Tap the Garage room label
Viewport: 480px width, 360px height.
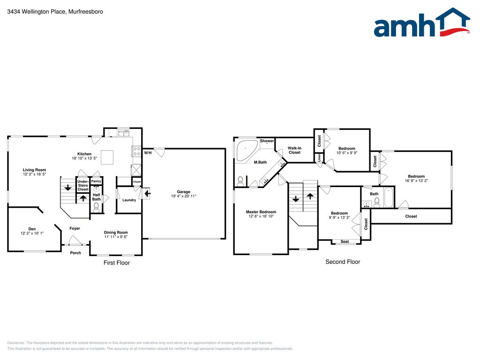[x=183, y=192]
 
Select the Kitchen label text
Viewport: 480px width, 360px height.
[x=84, y=154]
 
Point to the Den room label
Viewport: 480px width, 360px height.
[x=32, y=230]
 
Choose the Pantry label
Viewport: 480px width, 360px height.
[x=96, y=181]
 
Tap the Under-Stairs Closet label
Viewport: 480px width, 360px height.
[x=83, y=185]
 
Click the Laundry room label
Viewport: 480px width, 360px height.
[x=129, y=200]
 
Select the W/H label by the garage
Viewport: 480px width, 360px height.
[x=148, y=153]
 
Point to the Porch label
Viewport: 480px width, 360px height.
[x=75, y=253]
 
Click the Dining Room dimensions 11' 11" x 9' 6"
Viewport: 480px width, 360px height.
[x=116, y=237]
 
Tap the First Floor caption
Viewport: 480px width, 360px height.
[x=116, y=263]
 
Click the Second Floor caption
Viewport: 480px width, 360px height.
[x=343, y=262]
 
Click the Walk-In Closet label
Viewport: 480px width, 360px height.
[x=294, y=150]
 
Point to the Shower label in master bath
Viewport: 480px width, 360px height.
[x=267, y=141]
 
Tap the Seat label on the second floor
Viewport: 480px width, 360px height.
[x=345, y=241]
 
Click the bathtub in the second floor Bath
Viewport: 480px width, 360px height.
[x=389, y=198]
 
